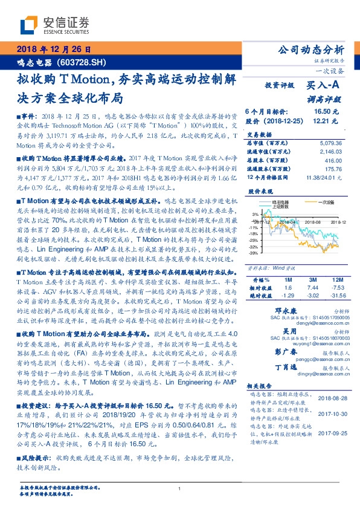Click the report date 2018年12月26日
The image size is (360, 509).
pyautogui.click(x=53, y=50)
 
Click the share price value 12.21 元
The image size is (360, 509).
pyautogui.click(x=326, y=121)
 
